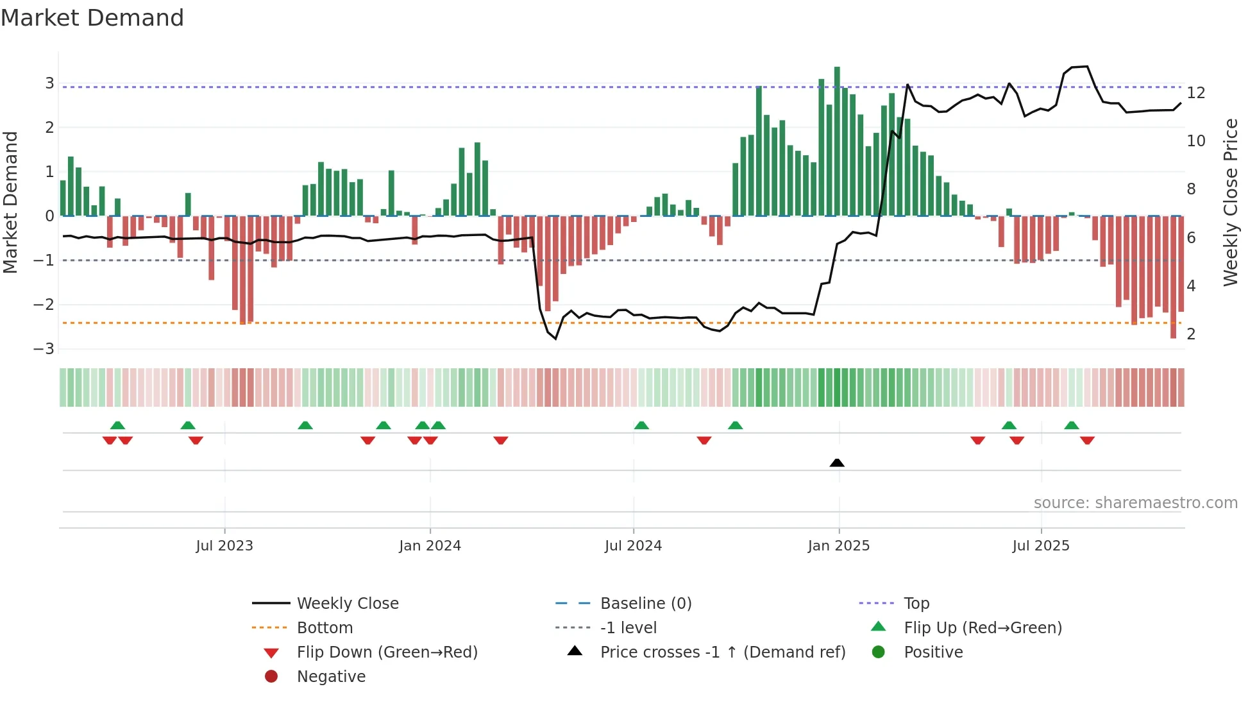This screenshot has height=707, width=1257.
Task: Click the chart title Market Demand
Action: pyautogui.click(x=92, y=18)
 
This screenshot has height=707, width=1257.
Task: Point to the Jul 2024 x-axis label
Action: pyautogui.click(x=633, y=546)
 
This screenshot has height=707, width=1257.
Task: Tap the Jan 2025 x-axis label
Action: pyautogui.click(x=838, y=546)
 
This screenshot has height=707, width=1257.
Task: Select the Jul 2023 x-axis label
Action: pyautogui.click(x=224, y=546)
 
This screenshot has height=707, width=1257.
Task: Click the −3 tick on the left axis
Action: pyautogui.click(x=44, y=349)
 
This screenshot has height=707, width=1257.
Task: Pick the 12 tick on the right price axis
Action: pyautogui.click(x=1195, y=93)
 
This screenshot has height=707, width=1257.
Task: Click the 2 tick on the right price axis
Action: pyautogui.click(x=1191, y=334)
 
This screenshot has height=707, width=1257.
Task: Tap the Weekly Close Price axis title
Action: pyautogui.click(x=1230, y=202)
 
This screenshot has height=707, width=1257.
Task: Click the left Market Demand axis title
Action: pyautogui.click(x=10, y=202)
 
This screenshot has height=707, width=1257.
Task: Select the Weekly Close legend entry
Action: pyautogui.click(x=347, y=604)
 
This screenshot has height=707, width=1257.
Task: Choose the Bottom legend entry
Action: pyautogui.click(x=325, y=628)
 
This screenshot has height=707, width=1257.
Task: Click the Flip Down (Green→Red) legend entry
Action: pyautogui.click(x=387, y=652)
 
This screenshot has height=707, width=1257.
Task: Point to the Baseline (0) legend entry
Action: pyautogui.click(x=645, y=604)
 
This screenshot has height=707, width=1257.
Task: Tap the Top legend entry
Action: pyautogui.click(x=916, y=604)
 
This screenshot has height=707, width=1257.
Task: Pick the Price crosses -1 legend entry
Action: pyautogui.click(x=722, y=652)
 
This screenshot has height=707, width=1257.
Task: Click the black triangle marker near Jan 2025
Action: pyautogui.click(x=837, y=463)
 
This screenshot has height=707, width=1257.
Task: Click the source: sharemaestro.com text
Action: pyautogui.click(x=1135, y=503)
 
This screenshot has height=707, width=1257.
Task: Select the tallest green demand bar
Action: pyautogui.click(x=837, y=141)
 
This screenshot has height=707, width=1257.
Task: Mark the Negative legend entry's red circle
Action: pyautogui.click(x=271, y=677)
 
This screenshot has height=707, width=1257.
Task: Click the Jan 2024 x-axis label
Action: pyautogui.click(x=430, y=546)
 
